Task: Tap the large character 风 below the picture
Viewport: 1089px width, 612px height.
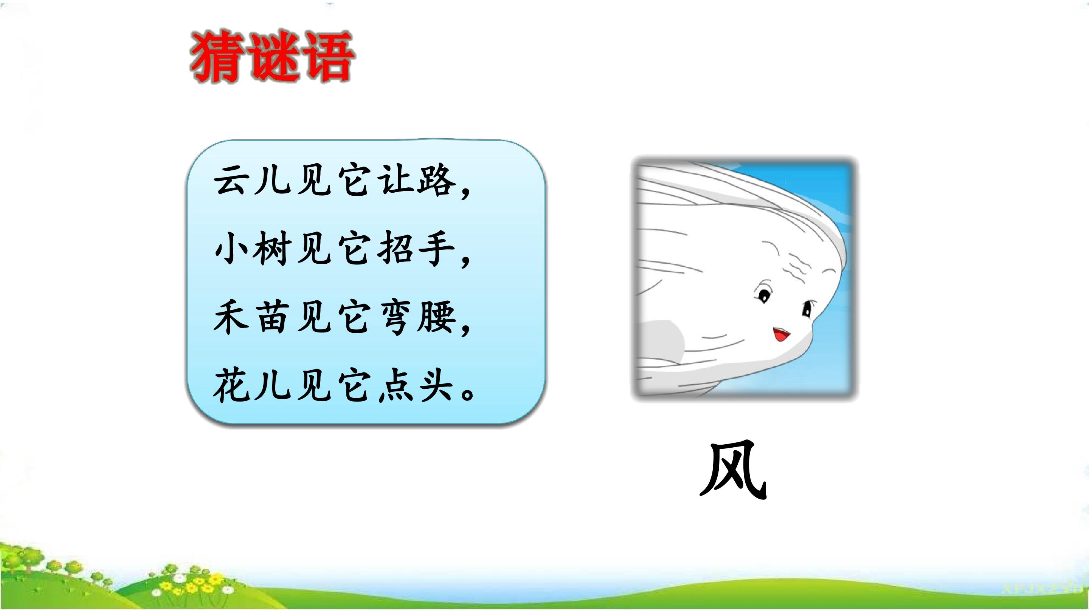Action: [734, 470]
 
